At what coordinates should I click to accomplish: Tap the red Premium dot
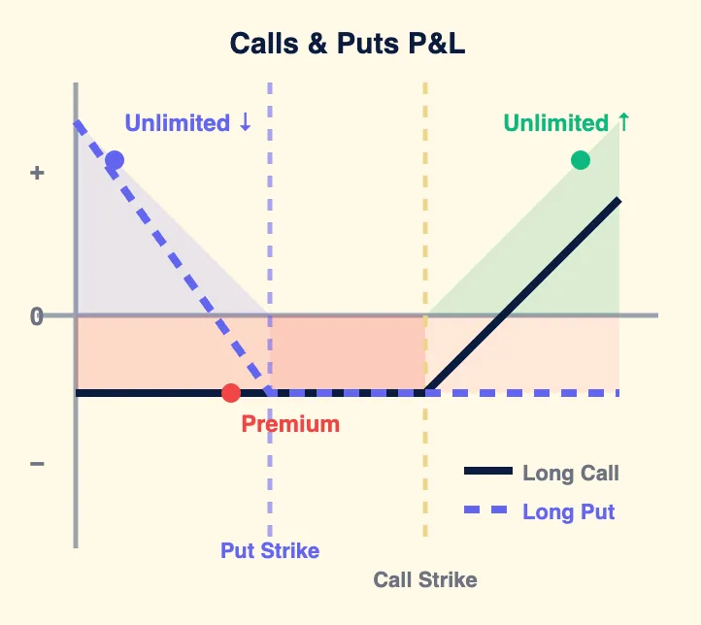[x=230, y=393]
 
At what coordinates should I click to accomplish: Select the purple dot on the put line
[x=115, y=161]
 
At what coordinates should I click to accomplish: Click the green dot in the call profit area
[x=581, y=160]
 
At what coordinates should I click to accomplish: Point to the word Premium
[x=290, y=424]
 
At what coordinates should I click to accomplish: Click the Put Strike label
[x=270, y=550]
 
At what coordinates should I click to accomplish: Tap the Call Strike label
[x=425, y=580]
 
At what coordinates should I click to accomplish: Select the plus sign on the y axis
[x=37, y=173]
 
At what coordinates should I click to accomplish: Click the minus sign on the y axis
[x=37, y=464]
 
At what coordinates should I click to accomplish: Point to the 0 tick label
[x=37, y=316]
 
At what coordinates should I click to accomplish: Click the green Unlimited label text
[x=555, y=123]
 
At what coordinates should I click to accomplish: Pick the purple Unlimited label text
[x=178, y=123]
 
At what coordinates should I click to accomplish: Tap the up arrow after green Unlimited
[x=624, y=122]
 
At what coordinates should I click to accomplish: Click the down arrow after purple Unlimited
[x=245, y=123]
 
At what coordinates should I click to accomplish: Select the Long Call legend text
[x=570, y=474]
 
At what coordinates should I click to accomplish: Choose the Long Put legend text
[x=568, y=511]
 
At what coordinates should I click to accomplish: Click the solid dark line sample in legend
[x=487, y=473]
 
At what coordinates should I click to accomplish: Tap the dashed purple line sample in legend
[x=487, y=511]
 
